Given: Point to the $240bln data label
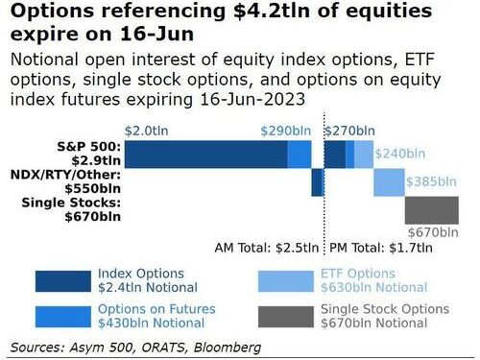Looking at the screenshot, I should [x=398, y=153].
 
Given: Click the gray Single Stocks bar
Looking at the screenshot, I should [x=431, y=208].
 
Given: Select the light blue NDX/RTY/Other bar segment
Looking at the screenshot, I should [x=389, y=181].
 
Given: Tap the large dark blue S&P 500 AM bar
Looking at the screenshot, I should [x=205, y=154].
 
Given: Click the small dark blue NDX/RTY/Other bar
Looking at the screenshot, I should [x=317, y=181].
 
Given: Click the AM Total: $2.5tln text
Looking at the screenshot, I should [x=266, y=247].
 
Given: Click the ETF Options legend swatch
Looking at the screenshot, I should [x=286, y=279].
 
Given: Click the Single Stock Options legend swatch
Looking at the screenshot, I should [x=286, y=317].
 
